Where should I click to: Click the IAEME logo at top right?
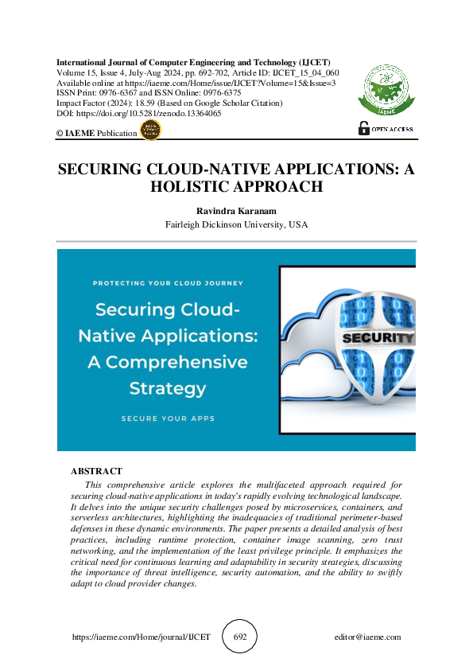click(x=387, y=88)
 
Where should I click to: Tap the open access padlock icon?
click(x=364, y=127)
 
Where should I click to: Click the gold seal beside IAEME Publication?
click(x=150, y=131)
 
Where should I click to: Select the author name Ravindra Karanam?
click(x=236, y=211)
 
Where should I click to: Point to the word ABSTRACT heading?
click(x=96, y=471)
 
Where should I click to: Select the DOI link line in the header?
click(x=139, y=114)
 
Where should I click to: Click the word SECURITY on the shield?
click(x=378, y=338)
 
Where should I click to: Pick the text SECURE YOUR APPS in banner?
click(x=168, y=418)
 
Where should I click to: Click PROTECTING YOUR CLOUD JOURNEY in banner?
click(x=168, y=282)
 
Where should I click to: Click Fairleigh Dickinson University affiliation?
click(x=236, y=224)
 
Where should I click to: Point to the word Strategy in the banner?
click(x=168, y=389)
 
